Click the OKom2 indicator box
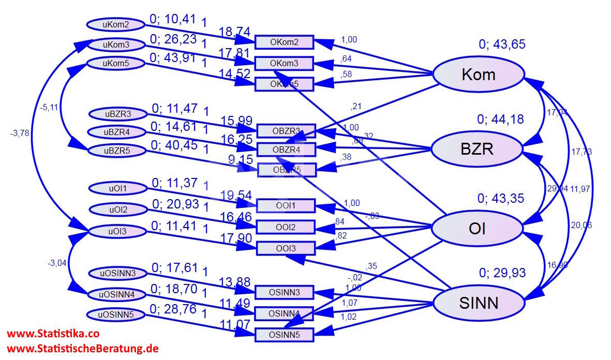click(x=285, y=42)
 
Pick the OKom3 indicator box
click(x=285, y=63)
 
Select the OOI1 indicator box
click(x=286, y=206)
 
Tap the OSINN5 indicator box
click(x=285, y=335)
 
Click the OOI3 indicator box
click(x=286, y=248)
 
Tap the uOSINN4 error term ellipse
click(x=116, y=294)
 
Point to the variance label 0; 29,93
click(x=502, y=273)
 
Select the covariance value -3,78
click(x=20, y=133)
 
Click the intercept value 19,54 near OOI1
click(x=236, y=195)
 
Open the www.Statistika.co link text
click(x=53, y=334)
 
